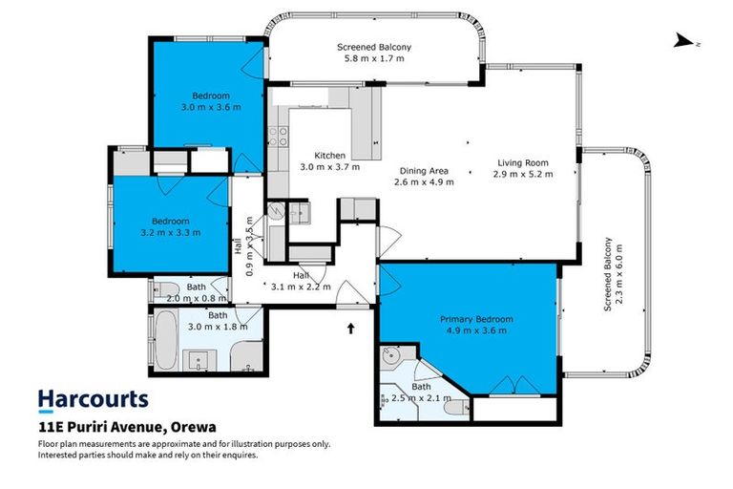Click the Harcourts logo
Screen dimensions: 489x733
[x=93, y=398]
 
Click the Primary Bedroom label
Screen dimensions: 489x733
[x=476, y=319]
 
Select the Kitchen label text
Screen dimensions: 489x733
[x=329, y=155]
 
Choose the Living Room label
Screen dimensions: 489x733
[x=522, y=162]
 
